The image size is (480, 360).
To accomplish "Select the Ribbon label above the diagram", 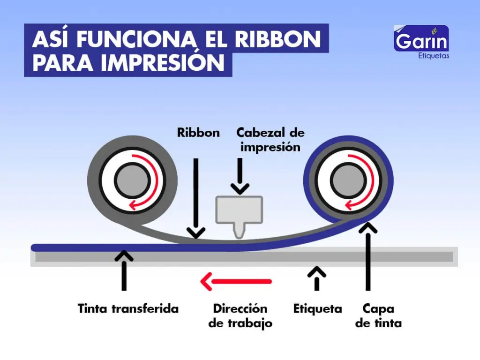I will pyautogui.click(x=198, y=133).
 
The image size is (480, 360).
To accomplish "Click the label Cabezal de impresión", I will pyautogui.click(x=270, y=139).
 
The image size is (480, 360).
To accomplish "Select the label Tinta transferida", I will pyautogui.click(x=128, y=309).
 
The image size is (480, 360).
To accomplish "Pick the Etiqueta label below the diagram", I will pyautogui.click(x=317, y=309).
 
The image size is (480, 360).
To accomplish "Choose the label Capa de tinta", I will pyautogui.click(x=378, y=316).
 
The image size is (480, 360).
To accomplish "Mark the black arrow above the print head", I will pyautogui.click(x=240, y=176).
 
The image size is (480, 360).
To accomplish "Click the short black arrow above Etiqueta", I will pyautogui.click(x=317, y=278).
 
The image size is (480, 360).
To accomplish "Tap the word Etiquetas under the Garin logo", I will pyautogui.click(x=432, y=56).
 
